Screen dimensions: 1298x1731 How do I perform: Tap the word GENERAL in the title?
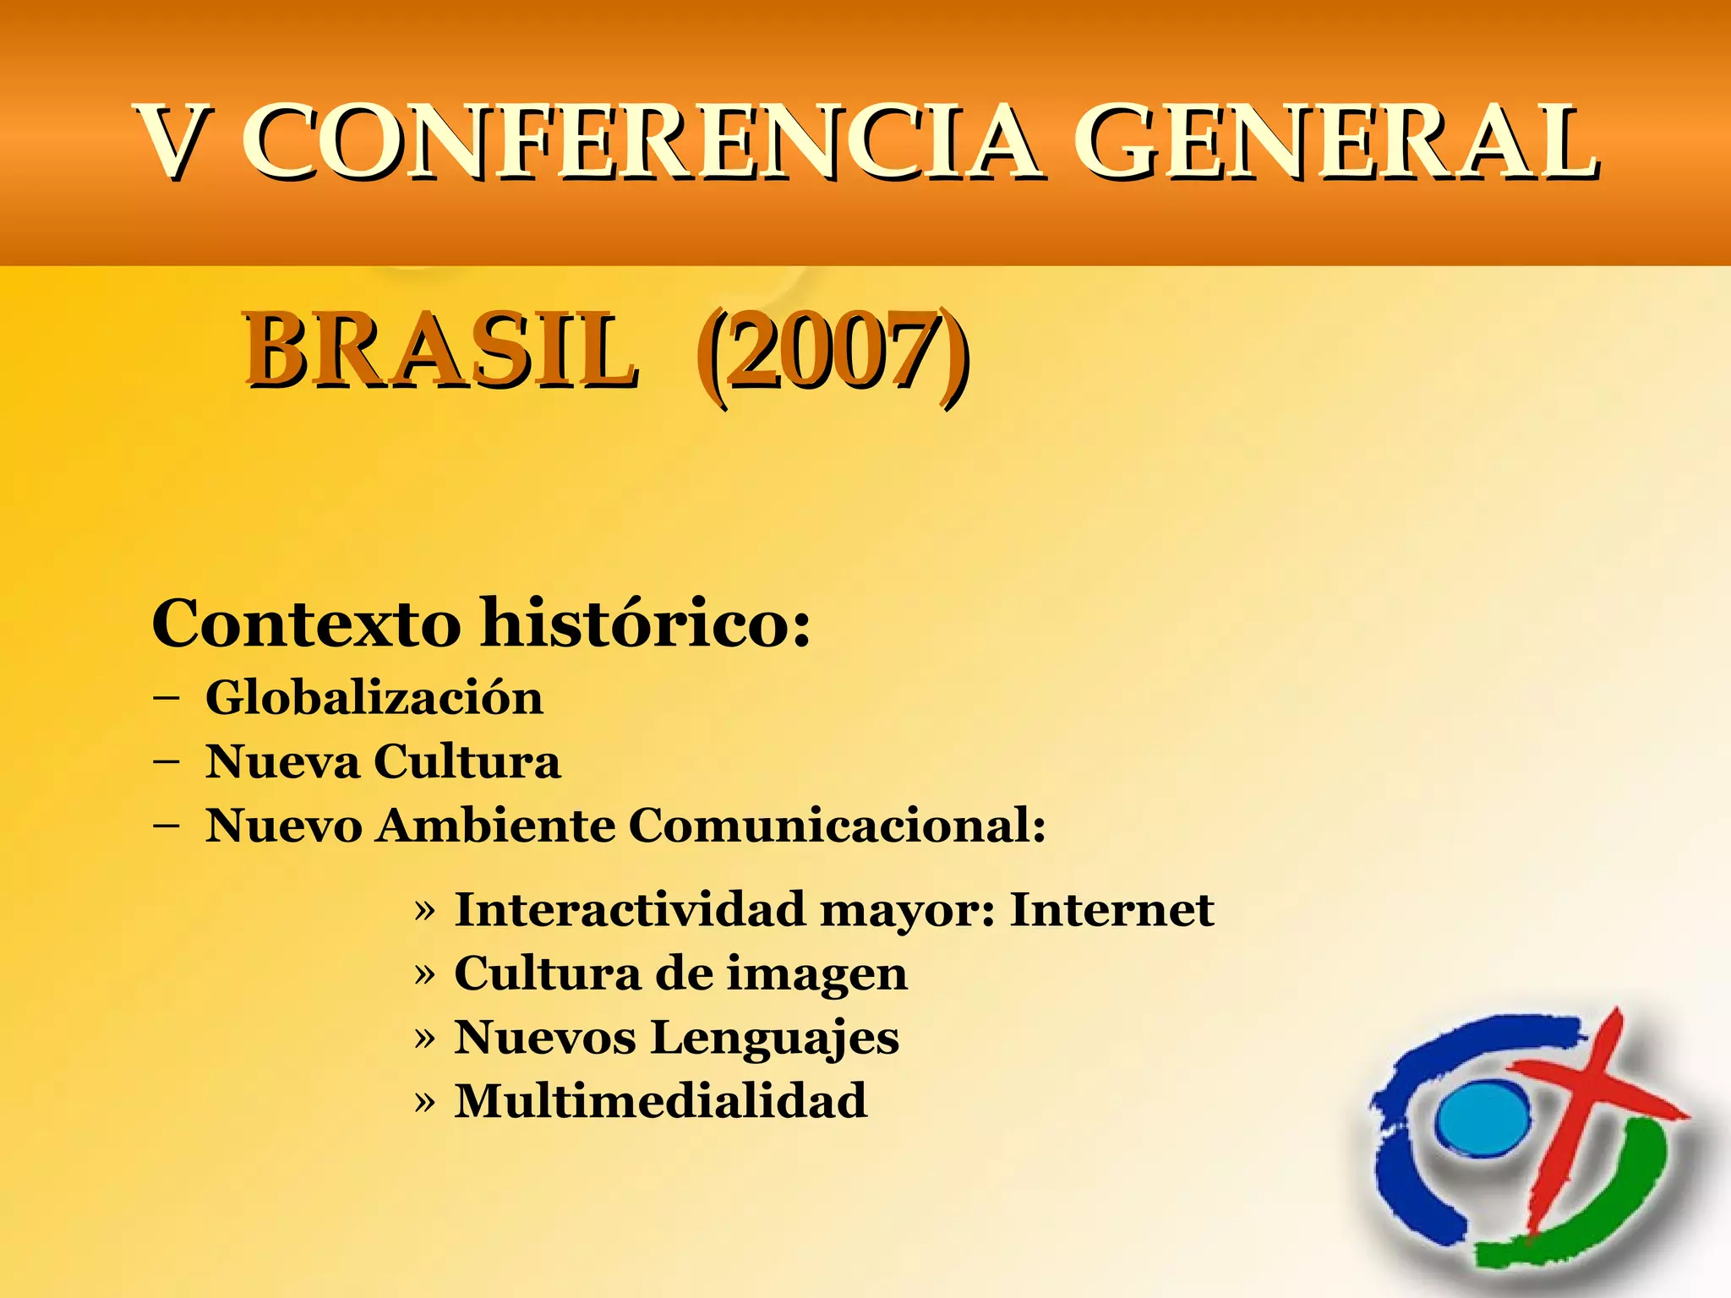tap(1335, 142)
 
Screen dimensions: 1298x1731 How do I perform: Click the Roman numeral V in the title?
tap(176, 142)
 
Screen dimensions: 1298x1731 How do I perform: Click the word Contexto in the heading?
tap(306, 624)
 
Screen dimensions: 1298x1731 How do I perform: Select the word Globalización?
tap(374, 698)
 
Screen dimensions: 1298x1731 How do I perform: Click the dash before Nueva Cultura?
tap(167, 761)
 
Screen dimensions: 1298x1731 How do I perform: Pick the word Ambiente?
tap(496, 825)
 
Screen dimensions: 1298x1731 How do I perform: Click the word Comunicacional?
tap(837, 825)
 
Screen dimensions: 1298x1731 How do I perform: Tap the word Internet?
tap(1112, 910)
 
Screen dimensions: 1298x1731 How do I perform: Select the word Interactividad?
tap(630, 910)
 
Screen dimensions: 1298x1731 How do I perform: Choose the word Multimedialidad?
tap(661, 1101)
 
